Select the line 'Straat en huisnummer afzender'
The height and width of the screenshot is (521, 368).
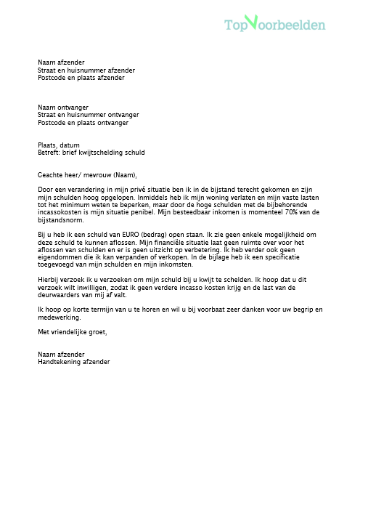(x=86, y=70)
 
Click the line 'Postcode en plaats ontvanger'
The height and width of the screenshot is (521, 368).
(x=83, y=123)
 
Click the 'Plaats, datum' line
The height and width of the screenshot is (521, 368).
(x=59, y=145)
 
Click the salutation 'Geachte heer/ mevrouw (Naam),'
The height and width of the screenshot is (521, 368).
(x=87, y=174)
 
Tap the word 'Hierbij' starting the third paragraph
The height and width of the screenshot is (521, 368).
(x=49, y=280)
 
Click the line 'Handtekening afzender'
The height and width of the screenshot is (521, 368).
(x=74, y=361)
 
